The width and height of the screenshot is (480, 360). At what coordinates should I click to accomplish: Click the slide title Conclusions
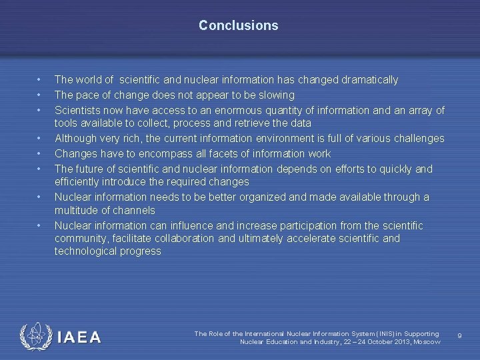pos(238,26)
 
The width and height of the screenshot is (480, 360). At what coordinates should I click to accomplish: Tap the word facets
pos(227,153)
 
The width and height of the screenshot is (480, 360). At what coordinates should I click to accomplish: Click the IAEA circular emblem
pos(35,337)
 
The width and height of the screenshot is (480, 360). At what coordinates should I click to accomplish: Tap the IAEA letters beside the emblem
pos(79,338)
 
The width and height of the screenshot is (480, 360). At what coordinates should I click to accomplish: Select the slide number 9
pos(459,335)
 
